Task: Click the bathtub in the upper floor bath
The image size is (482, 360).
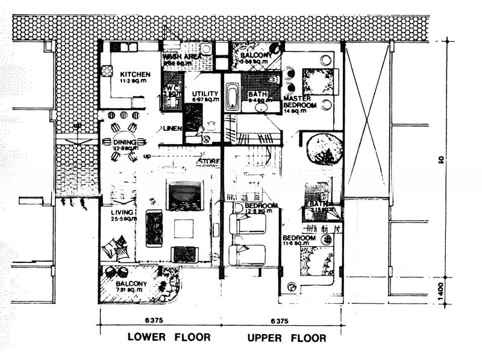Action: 233,96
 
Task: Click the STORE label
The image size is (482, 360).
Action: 210,161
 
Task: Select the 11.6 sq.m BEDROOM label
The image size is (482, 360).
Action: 299,238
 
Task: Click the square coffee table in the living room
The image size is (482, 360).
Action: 184,229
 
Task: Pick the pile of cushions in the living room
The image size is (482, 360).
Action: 115,248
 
